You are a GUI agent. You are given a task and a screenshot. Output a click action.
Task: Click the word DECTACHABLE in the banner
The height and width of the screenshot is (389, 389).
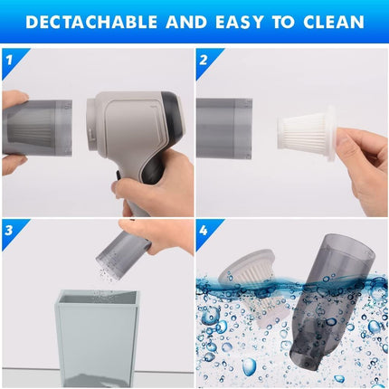[x=91, y=23]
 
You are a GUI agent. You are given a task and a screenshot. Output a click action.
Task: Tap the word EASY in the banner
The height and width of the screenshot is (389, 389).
[x=240, y=23]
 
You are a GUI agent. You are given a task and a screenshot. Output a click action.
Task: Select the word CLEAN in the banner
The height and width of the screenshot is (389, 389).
[x=334, y=23]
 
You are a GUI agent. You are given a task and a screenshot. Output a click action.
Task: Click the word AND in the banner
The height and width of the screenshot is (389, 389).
[x=186, y=23]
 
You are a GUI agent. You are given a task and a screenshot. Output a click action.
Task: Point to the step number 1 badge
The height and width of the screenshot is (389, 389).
[x=11, y=60]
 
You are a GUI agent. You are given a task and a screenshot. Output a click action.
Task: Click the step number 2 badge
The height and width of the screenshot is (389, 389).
[x=204, y=60]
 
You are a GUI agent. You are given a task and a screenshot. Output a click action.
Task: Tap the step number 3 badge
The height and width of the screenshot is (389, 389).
[x=11, y=231]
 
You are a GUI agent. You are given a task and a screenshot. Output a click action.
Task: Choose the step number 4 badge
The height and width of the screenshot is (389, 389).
[x=204, y=231]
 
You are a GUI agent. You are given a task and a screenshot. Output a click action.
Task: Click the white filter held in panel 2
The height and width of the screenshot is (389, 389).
[x=307, y=134]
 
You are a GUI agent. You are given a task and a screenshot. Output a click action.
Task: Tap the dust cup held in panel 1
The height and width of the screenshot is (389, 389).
[x=38, y=128]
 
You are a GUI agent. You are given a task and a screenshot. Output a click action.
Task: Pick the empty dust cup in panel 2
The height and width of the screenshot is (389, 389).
[x=224, y=128]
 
